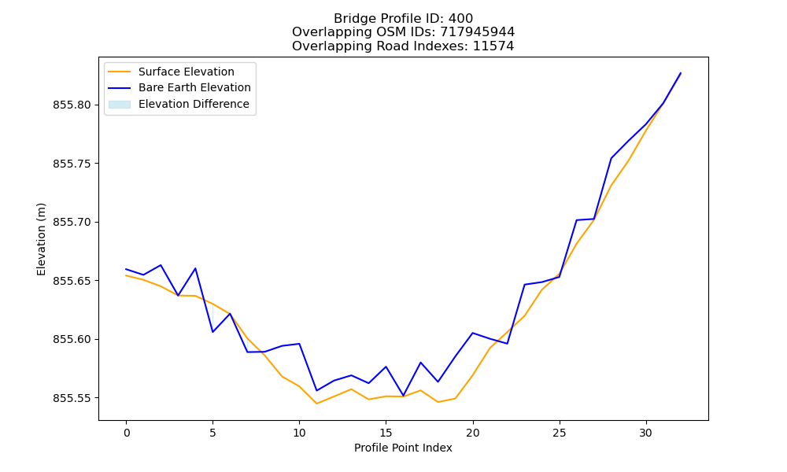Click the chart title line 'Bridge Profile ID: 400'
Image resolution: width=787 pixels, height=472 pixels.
point(403,19)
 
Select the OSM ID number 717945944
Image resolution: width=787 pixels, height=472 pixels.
point(478,32)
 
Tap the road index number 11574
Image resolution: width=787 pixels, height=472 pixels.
point(493,46)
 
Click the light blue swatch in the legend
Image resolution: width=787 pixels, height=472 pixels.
point(120,105)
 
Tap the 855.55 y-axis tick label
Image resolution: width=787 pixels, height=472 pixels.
point(72,398)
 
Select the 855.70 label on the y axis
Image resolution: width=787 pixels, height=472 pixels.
point(72,222)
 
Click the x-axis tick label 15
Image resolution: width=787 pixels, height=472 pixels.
point(386,433)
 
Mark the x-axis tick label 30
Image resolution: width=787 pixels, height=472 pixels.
point(645,433)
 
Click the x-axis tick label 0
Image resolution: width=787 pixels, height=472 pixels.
point(127,433)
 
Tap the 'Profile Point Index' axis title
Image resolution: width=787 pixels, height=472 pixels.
point(403,448)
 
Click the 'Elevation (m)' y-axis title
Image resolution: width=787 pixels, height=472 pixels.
point(41,239)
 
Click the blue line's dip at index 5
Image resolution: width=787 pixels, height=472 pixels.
point(212,331)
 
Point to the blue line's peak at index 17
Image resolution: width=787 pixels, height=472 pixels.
point(420,362)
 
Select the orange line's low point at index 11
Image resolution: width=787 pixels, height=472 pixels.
point(316,404)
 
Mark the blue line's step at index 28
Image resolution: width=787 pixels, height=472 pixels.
point(611,158)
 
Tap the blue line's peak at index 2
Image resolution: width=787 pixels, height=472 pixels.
point(161,265)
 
